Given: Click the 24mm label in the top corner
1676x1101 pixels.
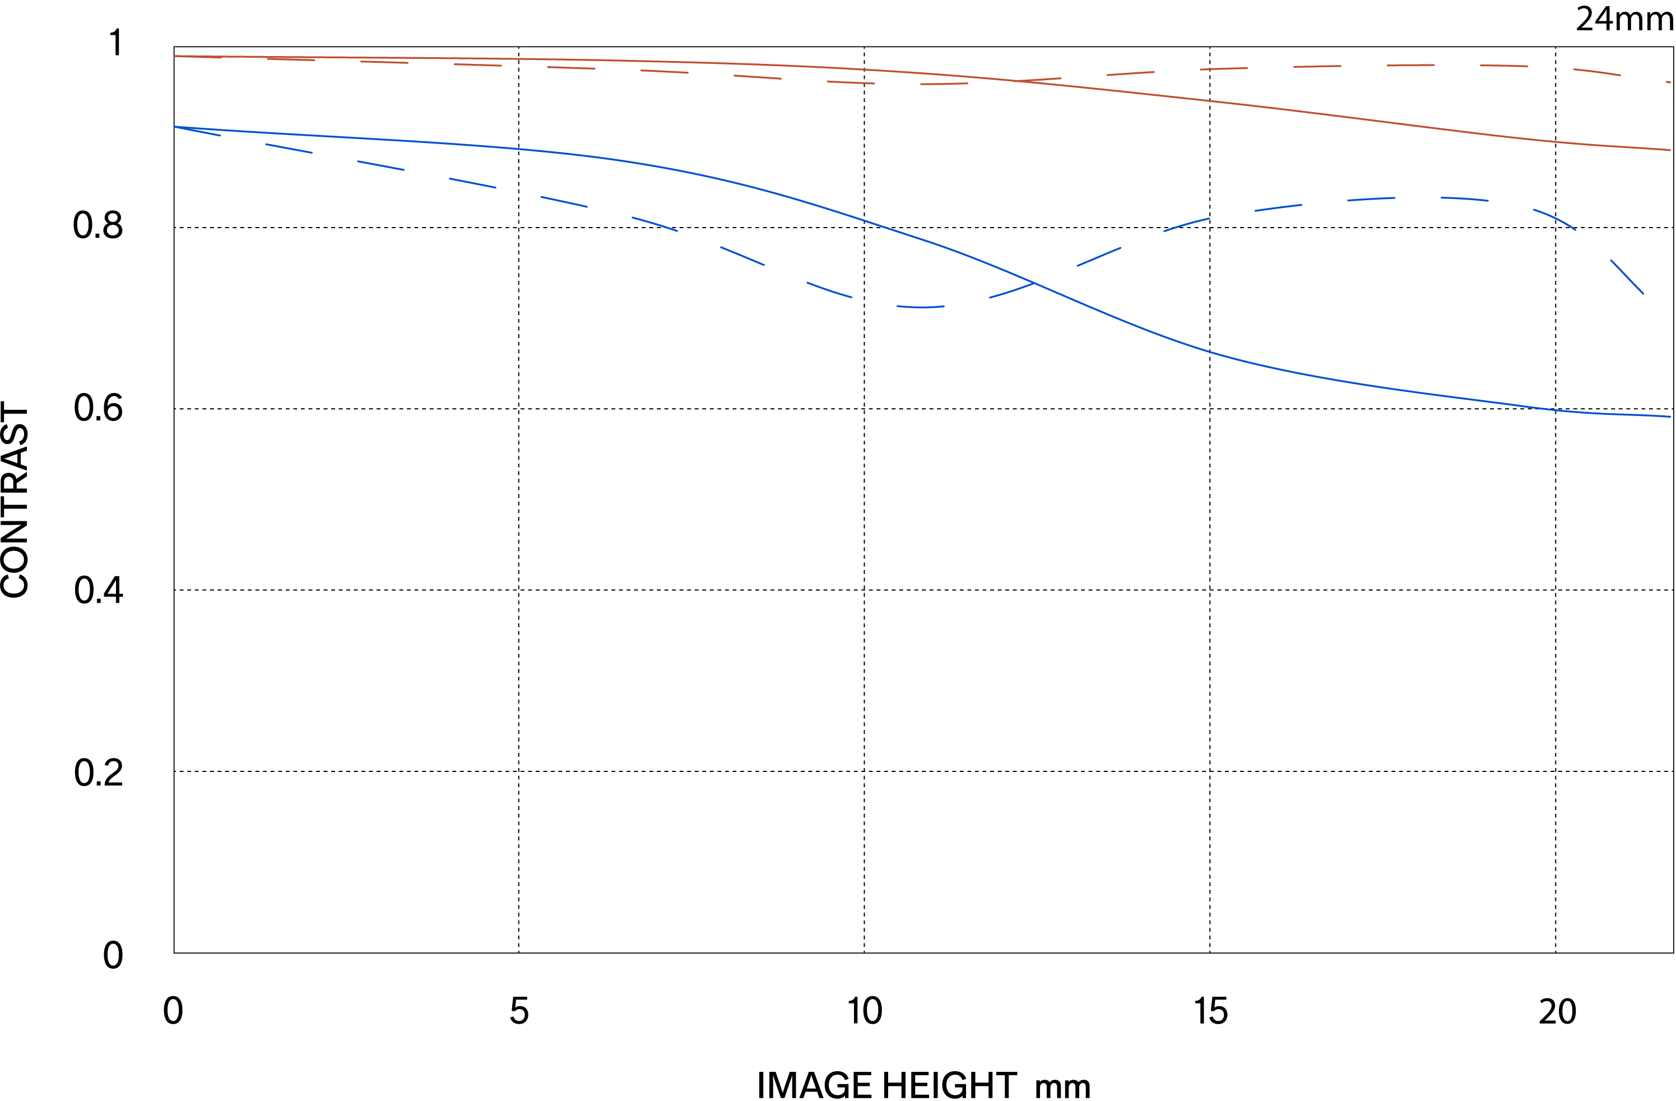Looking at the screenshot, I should coord(1624,19).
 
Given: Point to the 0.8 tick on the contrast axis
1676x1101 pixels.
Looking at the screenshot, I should coord(98,226).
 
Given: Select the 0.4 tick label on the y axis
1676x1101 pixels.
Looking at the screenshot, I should coord(98,590).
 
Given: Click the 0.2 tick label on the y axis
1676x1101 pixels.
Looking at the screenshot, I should coord(98,772).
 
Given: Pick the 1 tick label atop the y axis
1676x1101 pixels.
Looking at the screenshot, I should coord(116,43).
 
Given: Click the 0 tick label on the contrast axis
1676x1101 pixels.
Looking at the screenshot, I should coord(113,955).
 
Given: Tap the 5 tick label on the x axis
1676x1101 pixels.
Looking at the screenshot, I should coord(519,1011).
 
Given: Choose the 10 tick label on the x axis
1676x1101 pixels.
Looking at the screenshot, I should coord(864,1011).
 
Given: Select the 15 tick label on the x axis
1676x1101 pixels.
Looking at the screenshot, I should coord(1210,1011).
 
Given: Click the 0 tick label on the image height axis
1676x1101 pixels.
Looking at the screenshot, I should coord(173,1011).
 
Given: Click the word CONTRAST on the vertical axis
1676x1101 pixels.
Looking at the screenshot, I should coord(16,500).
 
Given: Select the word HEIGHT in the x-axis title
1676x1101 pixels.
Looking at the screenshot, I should coord(949,1085).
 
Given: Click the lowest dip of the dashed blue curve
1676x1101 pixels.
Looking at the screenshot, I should coord(920,307).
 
